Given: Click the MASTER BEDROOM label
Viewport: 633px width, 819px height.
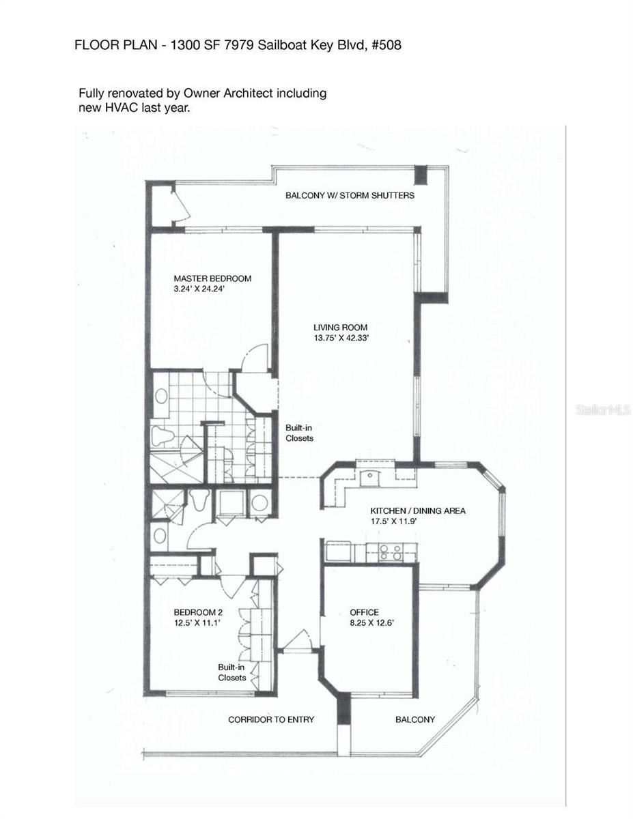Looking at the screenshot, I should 212,278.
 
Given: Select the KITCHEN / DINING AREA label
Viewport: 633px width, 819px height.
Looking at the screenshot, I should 417,511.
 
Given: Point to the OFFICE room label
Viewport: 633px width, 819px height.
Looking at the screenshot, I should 364,612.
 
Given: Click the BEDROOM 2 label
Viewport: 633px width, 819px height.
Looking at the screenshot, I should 197,612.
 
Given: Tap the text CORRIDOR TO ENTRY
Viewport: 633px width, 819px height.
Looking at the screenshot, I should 271,719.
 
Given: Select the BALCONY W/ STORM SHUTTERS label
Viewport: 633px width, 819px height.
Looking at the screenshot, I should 350,195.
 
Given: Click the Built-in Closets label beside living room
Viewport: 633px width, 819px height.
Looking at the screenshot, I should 299,433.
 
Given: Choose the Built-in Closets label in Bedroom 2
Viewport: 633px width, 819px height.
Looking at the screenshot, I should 231,672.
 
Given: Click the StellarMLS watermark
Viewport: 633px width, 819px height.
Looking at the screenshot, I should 604,409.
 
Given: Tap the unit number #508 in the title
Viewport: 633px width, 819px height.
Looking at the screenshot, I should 385,46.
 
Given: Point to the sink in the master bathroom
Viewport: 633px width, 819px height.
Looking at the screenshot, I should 163,397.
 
